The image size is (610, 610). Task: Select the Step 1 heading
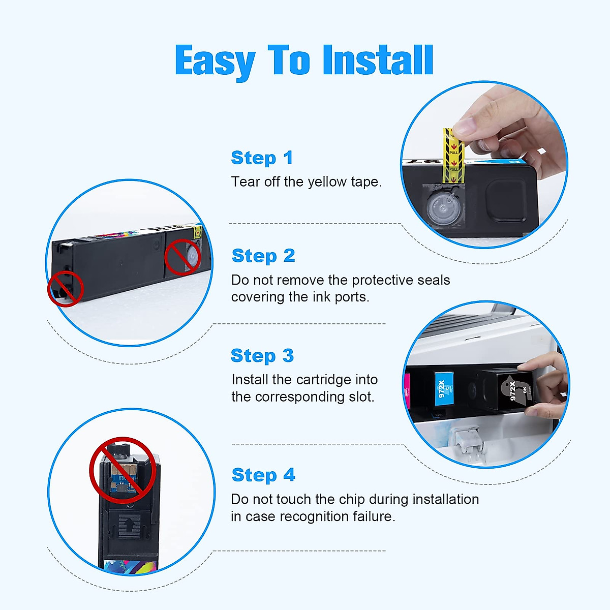(262, 158)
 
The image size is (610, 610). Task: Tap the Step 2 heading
(263, 256)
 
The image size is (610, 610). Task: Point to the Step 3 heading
(262, 356)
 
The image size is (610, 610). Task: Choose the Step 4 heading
(263, 475)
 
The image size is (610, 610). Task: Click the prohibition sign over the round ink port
(182, 257)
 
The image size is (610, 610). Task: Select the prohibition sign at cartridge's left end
(66, 289)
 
